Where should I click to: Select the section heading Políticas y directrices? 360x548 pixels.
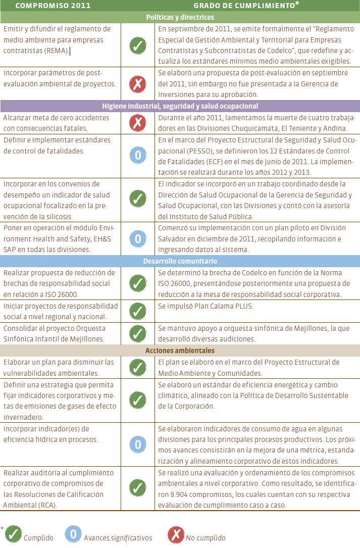pyautogui.click(x=180, y=17)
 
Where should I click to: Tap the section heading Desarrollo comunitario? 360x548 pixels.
pyautogui.click(x=180, y=261)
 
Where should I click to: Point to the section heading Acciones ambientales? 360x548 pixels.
pyautogui.click(x=180, y=351)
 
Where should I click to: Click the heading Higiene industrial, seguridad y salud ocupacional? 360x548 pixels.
pyautogui.click(x=180, y=106)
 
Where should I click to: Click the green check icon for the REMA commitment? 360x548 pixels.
pyautogui.click(x=137, y=45)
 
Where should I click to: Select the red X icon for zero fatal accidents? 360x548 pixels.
pyautogui.click(x=137, y=123)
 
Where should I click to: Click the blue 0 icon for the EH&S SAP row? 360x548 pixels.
pyautogui.click(x=137, y=238)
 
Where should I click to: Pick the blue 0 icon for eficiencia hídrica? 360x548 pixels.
pyautogui.click(x=137, y=444)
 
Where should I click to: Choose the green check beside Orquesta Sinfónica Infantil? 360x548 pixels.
pyautogui.click(x=137, y=333)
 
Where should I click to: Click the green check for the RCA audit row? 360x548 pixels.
pyautogui.click(x=137, y=488)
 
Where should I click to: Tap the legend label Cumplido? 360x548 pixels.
pyautogui.click(x=38, y=537)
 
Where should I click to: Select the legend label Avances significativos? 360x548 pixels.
pyautogui.click(x=118, y=537)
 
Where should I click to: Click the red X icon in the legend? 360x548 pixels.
pyautogui.click(x=175, y=535)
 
